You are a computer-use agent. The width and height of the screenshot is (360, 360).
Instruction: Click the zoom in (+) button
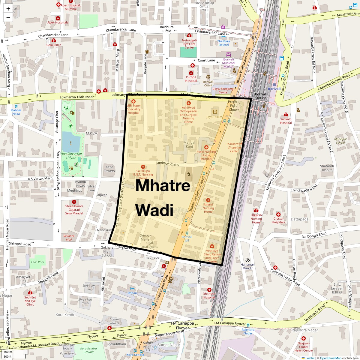pos(8,8)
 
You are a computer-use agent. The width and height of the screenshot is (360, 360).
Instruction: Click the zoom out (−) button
pos(8,17)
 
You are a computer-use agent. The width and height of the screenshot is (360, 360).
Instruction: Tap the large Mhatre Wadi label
pos(163,198)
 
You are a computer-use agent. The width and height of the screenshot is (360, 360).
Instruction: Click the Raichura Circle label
pos(167,29)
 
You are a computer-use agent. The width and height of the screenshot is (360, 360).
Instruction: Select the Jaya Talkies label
pos(214,117)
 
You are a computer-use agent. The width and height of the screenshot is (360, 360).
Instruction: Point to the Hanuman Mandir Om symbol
pos(247,260)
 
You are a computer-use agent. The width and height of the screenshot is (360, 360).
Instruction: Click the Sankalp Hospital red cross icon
pos(286,115)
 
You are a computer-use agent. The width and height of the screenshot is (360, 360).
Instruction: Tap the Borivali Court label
pos(208,83)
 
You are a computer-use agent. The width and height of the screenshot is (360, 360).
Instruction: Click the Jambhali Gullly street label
pos(167,164)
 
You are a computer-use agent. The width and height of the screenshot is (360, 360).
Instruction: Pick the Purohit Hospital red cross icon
pos(191,73)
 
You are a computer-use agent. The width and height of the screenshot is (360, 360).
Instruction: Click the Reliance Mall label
pos(69,238)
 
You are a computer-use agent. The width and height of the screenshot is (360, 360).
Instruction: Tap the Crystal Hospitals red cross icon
pos(278,214)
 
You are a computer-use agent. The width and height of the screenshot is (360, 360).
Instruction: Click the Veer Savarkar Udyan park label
pos(71,155)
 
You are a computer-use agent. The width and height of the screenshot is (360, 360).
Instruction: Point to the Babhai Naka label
pos(16,112)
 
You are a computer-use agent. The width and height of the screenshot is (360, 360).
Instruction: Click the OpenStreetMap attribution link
pos(330,358)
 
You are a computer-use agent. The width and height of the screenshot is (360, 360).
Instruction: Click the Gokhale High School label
pos(107,251)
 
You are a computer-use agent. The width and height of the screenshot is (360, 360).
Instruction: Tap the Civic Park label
pos(37,262)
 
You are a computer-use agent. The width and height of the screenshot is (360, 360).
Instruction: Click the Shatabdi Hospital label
pos(327,168)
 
